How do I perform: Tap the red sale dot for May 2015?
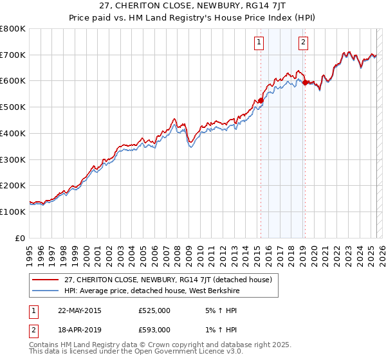[261, 100]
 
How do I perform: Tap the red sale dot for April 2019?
[305, 82]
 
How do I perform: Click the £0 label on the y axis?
[19, 238]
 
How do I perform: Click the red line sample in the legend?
[46, 280]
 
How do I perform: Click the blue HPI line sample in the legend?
[46, 291]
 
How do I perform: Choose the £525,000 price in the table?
[154, 310]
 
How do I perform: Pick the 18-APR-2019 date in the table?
[80, 329]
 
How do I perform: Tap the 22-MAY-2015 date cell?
[80, 310]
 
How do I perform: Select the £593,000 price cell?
[154, 329]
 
